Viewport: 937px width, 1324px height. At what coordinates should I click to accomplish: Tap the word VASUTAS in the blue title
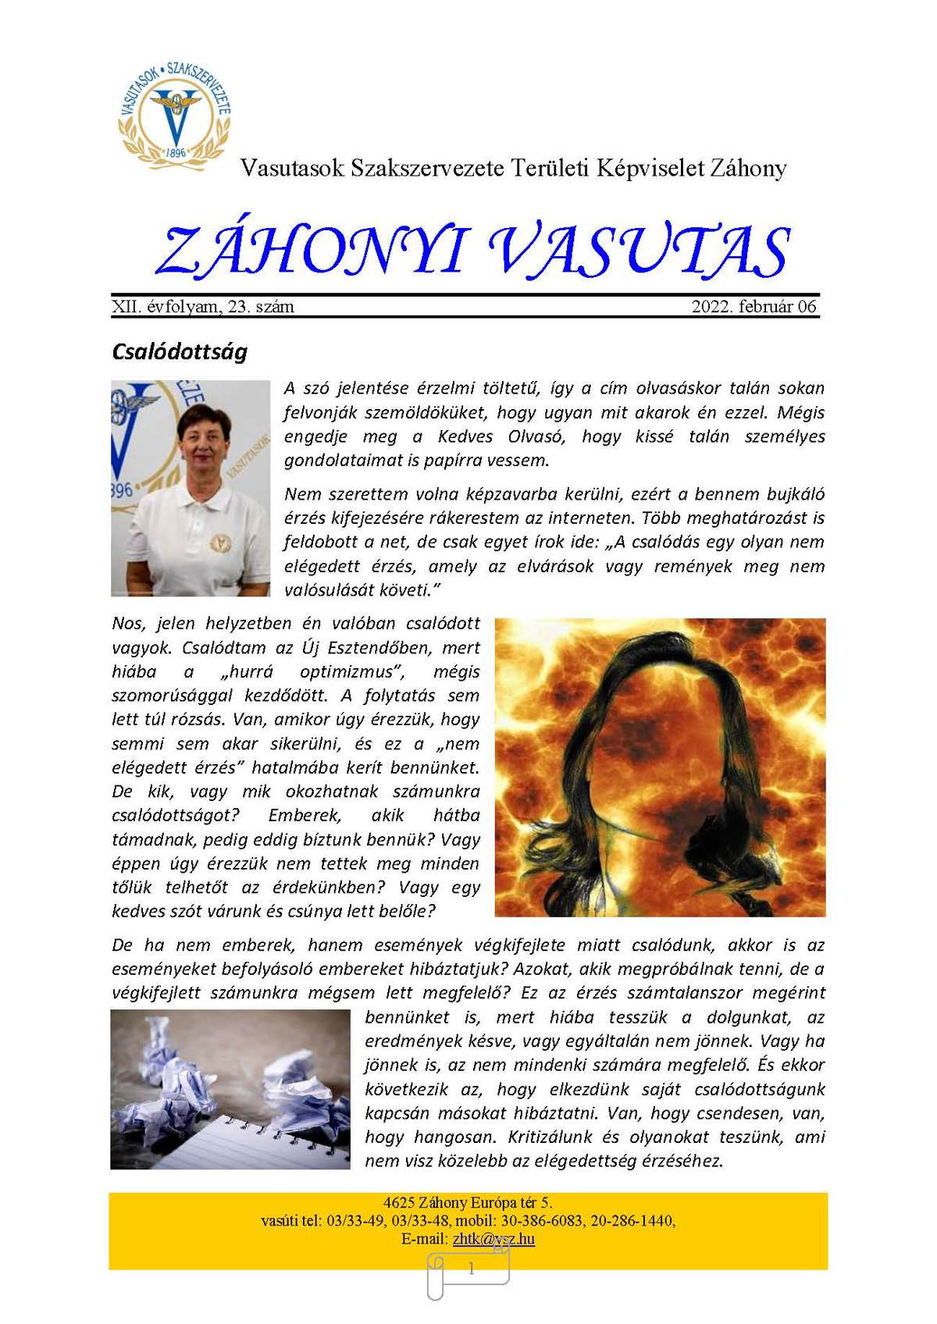click(x=639, y=252)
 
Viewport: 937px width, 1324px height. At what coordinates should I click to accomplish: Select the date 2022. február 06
click(x=754, y=307)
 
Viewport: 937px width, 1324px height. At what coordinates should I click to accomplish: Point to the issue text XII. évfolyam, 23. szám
click(x=203, y=307)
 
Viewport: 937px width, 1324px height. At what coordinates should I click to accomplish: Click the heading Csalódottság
click(x=180, y=352)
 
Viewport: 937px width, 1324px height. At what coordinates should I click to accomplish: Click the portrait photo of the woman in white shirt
click(x=191, y=488)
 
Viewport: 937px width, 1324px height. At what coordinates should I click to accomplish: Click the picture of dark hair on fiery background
click(x=660, y=767)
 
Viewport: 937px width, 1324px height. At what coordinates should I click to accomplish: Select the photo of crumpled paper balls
click(x=230, y=1089)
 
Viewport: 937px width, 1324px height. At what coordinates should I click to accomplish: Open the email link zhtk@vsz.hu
click(x=493, y=1239)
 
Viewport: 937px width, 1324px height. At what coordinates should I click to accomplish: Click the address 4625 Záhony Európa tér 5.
click(x=468, y=1203)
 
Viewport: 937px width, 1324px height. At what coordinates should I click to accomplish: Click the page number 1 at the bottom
click(x=470, y=1269)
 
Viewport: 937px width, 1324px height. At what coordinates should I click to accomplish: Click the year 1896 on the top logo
click(x=175, y=152)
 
